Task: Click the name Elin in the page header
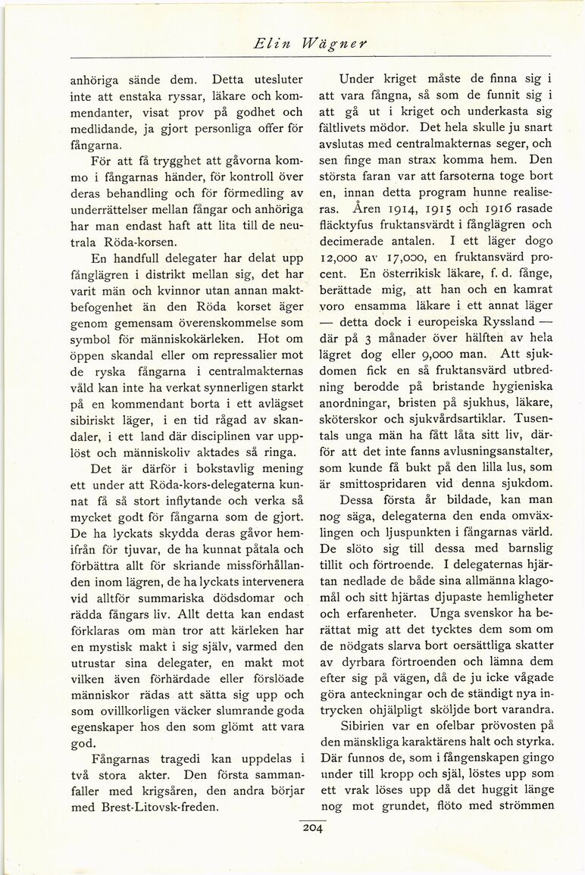point(271,45)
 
